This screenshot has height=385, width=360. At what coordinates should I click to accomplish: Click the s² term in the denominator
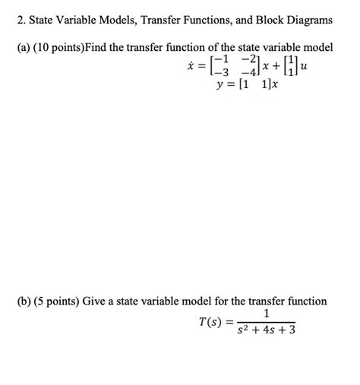242,330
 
